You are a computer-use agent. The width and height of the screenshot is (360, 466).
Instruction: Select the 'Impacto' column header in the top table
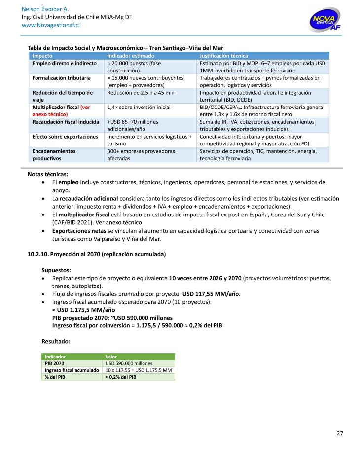(43, 56)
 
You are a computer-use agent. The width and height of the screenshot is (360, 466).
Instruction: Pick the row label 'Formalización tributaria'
(61, 78)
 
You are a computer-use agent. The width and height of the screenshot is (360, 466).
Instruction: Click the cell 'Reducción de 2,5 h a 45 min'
(141, 92)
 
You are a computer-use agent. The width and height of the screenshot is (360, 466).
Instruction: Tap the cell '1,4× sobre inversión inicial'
(139, 107)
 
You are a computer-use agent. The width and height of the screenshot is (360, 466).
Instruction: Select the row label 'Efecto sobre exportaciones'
(65, 136)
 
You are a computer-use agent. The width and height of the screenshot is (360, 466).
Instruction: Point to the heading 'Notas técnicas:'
(48, 174)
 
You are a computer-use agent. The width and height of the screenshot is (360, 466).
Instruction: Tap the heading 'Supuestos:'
(56, 270)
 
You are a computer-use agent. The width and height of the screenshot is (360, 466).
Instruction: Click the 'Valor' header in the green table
(112, 357)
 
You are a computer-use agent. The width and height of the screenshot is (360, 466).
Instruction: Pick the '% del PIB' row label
(55, 377)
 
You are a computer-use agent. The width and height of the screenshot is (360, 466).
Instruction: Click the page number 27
(339, 433)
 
